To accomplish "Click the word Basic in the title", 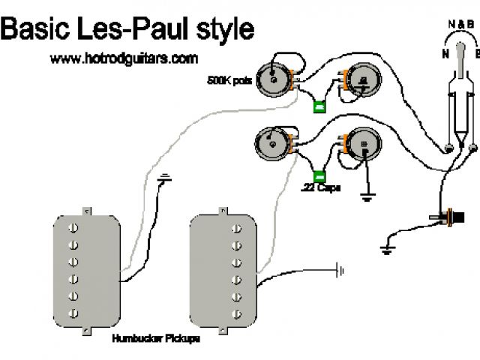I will tap(34, 30).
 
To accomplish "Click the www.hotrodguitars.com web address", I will tap(124, 58).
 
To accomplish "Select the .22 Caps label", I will tap(320, 187).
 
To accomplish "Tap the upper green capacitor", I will tap(319, 106).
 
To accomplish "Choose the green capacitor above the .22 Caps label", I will tap(319, 176).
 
